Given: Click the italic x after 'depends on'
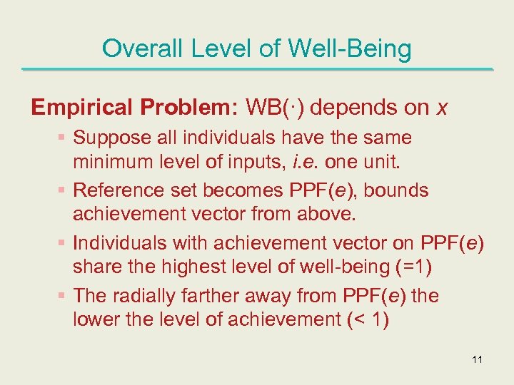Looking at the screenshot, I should [442, 108].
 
